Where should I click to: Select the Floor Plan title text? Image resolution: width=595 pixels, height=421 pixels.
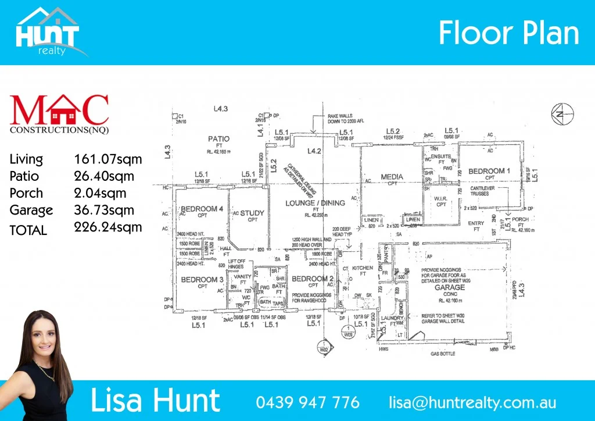pyautogui.click(x=508, y=34)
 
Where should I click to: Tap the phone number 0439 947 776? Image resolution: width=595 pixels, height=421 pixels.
pyautogui.click(x=307, y=402)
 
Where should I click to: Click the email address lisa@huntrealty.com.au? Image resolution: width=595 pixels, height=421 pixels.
pyautogui.click(x=472, y=402)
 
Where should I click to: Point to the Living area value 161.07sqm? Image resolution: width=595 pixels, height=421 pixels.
pyautogui.click(x=108, y=159)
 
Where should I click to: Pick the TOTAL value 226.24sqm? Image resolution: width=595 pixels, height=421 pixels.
pyautogui.click(x=108, y=227)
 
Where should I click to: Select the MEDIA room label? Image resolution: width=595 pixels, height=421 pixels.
pyautogui.click(x=392, y=176)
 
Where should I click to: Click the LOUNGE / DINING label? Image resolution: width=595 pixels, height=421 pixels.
pyautogui.click(x=315, y=203)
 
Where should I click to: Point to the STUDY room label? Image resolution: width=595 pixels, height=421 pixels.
pyautogui.click(x=252, y=213)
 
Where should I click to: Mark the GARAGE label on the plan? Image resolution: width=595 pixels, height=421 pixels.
pyautogui.click(x=450, y=287)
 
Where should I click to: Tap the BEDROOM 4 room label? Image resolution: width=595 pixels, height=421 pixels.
pyautogui.click(x=202, y=209)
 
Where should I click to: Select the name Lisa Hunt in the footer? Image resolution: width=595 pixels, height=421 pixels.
pyautogui.click(x=155, y=401)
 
